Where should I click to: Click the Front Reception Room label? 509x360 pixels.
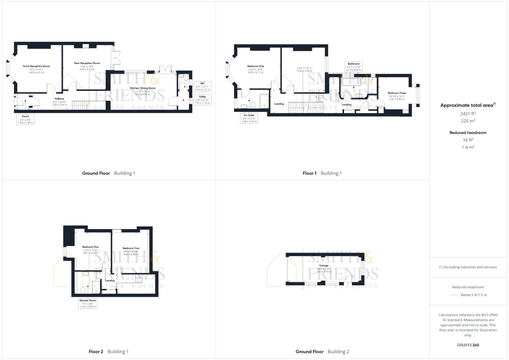click(36, 66)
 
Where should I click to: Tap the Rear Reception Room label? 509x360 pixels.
click(87, 63)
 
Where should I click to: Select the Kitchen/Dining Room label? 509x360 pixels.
click(143, 88)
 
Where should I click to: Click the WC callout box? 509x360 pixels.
click(202, 86)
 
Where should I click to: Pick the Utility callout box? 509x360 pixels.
click(202, 100)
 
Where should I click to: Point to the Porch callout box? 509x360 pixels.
click(25, 119)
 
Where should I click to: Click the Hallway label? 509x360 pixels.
click(59, 99)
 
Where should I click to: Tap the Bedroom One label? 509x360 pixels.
click(255, 66)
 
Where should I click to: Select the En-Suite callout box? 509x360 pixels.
click(249, 118)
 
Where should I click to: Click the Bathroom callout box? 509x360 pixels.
click(354, 67)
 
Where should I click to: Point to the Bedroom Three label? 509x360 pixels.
click(397, 93)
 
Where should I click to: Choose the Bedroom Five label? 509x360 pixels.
click(90, 247)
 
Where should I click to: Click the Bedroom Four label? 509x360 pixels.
click(131, 248)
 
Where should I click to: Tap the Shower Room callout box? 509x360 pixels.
click(88, 303)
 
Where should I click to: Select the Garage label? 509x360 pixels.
click(324, 266)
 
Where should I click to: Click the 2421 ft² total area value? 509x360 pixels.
click(468, 114)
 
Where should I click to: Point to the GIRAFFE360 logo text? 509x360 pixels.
click(468, 345)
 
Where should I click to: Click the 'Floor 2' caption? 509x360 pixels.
click(96, 352)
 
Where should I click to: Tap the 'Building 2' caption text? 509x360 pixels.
click(338, 352)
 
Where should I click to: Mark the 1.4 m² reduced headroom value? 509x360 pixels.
click(468, 147)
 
